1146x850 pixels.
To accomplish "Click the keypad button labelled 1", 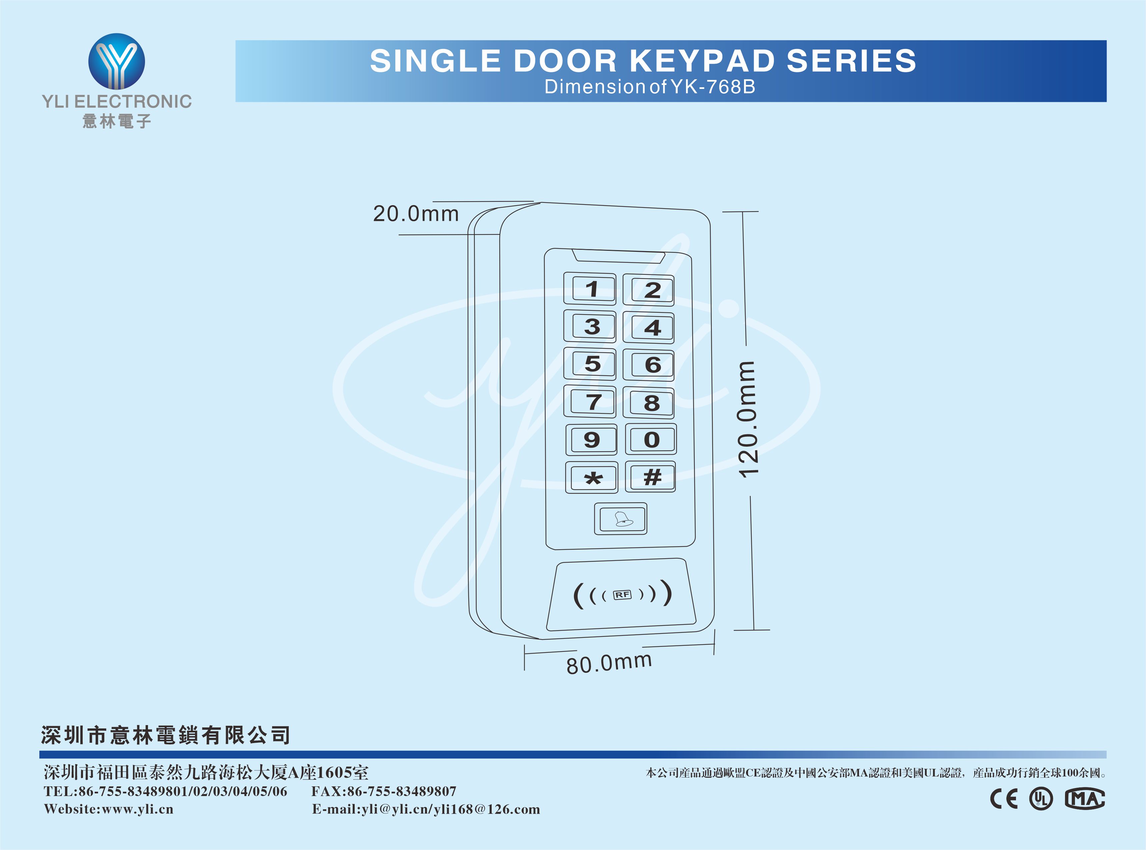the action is [590, 289].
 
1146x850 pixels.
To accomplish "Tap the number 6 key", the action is [649, 365].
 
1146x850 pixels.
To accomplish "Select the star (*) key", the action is [592, 478].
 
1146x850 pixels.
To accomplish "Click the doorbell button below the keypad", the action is [620, 519].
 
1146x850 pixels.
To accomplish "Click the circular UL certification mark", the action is [1041, 799].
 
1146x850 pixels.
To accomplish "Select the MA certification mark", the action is [1085, 799].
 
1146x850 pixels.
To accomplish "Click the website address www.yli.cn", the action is [138, 809].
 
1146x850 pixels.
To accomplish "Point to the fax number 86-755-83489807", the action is [402, 791].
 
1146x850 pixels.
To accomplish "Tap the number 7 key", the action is [590, 402].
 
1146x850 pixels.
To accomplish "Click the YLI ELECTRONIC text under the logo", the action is [117, 101].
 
